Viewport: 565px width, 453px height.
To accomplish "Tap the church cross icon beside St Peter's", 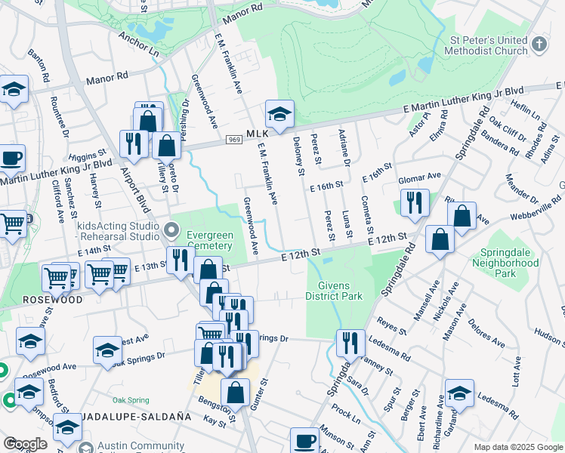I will tap(538, 44).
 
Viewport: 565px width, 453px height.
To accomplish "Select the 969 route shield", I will tap(235, 140).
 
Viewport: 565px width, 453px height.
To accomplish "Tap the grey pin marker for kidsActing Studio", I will tap(171, 227).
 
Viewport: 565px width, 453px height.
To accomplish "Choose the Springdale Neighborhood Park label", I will tap(505, 263).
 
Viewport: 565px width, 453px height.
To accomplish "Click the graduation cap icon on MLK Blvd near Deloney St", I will tap(279, 114).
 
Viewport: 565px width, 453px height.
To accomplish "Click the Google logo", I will tap(25, 444).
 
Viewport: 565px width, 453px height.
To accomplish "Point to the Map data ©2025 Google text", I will tap(517, 447).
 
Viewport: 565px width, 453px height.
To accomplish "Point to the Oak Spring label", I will tap(128, 399).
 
